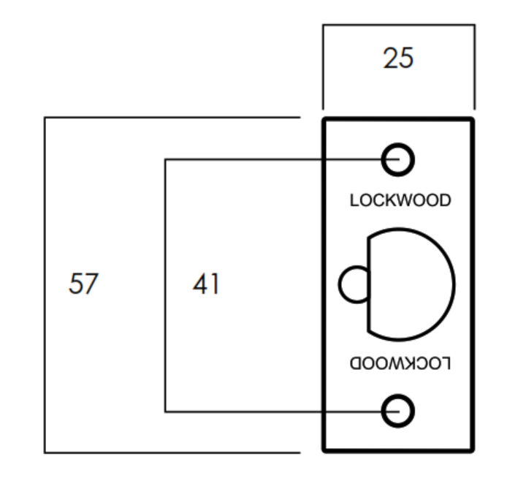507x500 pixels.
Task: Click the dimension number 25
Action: (x=398, y=58)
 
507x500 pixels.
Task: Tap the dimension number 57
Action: (x=83, y=283)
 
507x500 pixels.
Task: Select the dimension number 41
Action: (x=206, y=284)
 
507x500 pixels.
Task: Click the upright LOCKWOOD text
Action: (x=400, y=200)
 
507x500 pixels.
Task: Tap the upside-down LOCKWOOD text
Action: (x=400, y=363)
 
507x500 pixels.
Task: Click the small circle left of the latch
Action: (x=340, y=284)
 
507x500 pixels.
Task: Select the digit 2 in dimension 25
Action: (x=390, y=58)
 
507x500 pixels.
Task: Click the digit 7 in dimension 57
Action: (x=91, y=283)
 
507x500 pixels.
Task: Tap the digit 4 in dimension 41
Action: (x=200, y=284)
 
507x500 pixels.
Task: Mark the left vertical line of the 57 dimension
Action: (x=45, y=285)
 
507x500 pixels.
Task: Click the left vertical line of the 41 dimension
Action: (x=165, y=285)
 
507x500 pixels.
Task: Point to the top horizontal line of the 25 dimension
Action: (x=399, y=25)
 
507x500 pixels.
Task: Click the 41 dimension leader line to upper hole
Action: (x=282, y=159)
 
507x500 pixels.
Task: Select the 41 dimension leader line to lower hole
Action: (x=282, y=412)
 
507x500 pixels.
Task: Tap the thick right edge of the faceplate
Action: (x=473, y=285)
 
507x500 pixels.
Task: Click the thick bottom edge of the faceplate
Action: (x=398, y=450)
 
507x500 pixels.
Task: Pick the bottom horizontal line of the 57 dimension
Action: (x=172, y=452)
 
